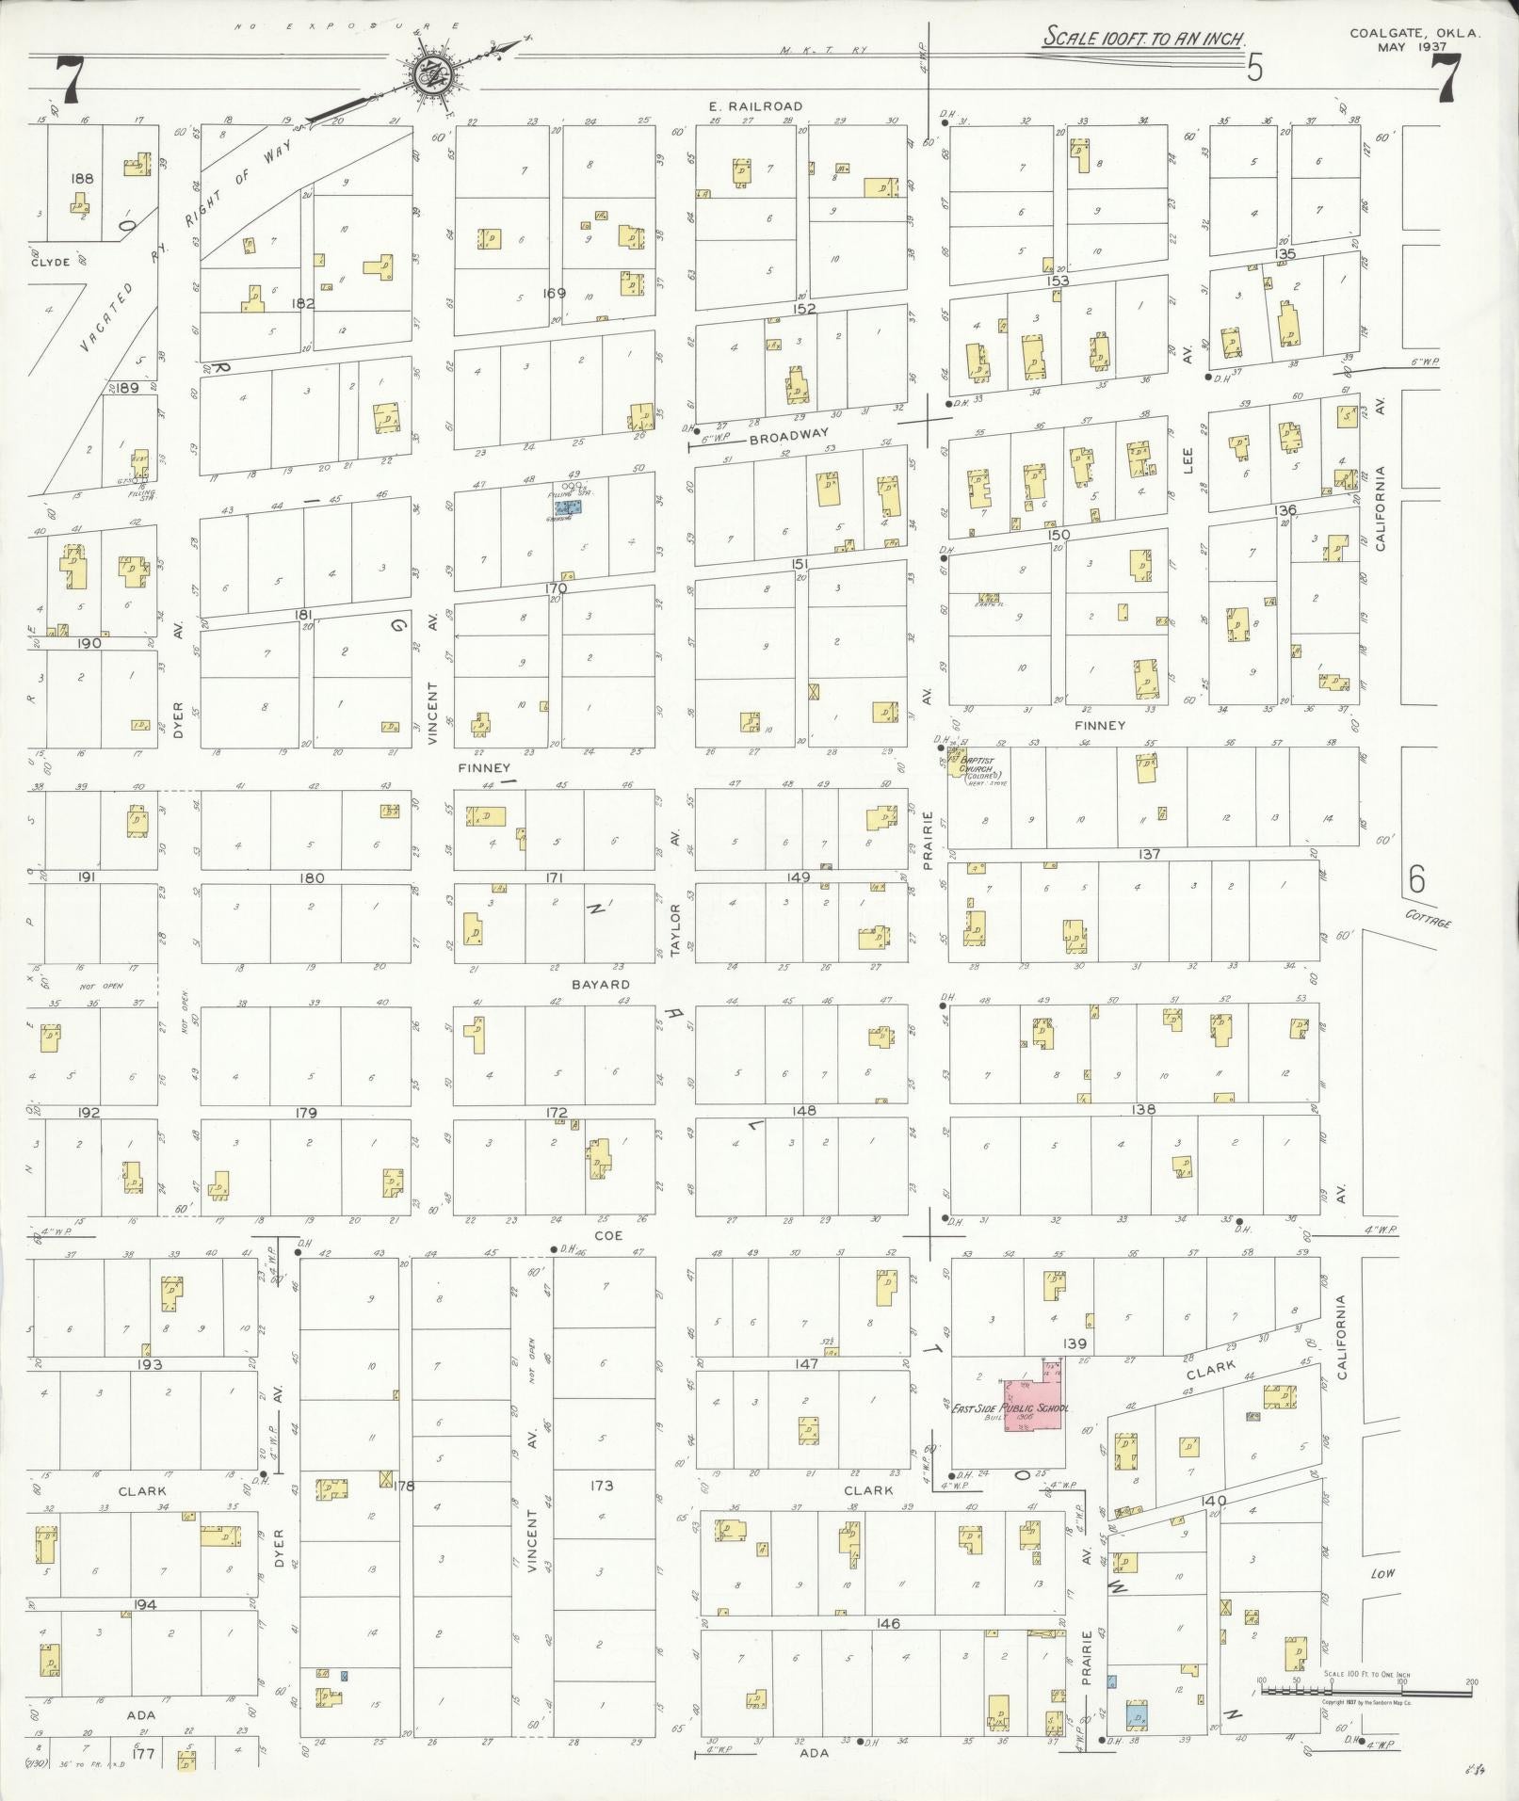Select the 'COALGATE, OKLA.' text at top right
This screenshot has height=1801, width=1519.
[x=1414, y=32]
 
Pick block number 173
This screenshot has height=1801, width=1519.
[x=602, y=1486]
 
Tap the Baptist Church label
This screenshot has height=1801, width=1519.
[x=980, y=761]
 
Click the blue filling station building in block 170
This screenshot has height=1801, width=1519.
[x=568, y=506]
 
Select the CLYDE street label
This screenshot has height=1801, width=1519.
[x=50, y=262]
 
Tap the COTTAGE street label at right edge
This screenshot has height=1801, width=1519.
[x=1428, y=919]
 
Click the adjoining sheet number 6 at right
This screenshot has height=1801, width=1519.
[x=1417, y=879]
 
